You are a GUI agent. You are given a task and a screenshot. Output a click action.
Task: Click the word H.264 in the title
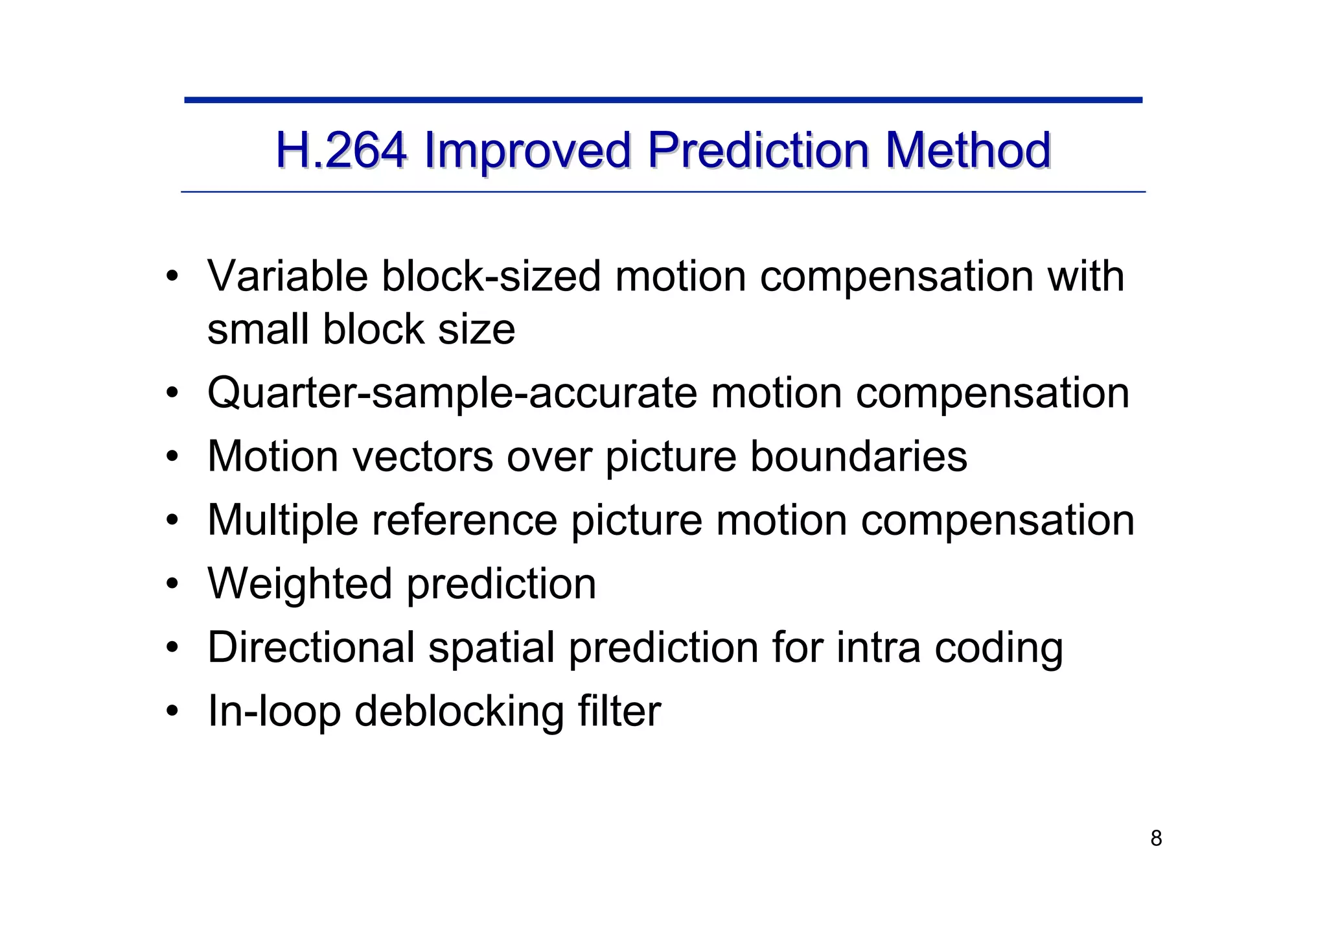pyautogui.click(x=341, y=150)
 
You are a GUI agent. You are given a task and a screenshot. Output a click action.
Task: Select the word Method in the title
pyautogui.click(x=967, y=150)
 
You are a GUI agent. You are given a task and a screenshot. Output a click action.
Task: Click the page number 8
pyautogui.click(x=1156, y=839)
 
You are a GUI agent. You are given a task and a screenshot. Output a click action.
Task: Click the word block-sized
pyautogui.click(x=491, y=276)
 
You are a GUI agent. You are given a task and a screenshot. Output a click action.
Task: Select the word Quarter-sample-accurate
pyautogui.click(x=452, y=393)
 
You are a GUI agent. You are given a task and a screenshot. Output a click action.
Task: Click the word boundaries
pyautogui.click(x=859, y=456)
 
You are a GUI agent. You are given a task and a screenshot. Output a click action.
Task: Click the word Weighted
pyautogui.click(x=300, y=583)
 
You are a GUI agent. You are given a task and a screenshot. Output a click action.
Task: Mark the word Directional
pyautogui.click(x=311, y=647)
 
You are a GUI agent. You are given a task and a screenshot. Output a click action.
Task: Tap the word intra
pyautogui.click(x=878, y=647)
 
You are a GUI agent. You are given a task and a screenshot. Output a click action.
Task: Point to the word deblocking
pyautogui.click(x=459, y=711)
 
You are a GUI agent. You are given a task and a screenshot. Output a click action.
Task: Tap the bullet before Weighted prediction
pyautogui.click(x=172, y=584)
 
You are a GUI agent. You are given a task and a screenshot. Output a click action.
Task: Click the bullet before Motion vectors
pyautogui.click(x=172, y=457)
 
